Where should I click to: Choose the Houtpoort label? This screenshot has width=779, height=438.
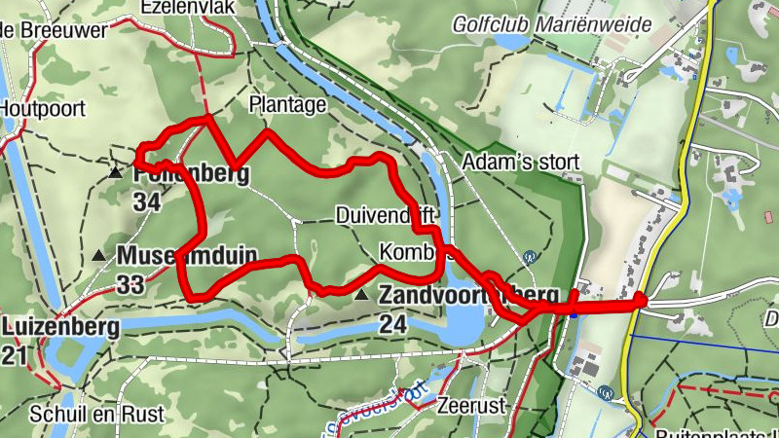43,108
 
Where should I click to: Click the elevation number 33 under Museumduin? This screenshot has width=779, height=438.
130,284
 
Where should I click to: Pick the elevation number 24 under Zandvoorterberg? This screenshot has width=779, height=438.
392,325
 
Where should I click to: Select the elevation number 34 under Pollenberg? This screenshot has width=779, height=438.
147,202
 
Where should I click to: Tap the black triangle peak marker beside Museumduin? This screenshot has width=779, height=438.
99,257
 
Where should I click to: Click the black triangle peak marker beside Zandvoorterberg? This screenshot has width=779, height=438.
362,294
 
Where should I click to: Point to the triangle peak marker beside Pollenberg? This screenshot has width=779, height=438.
115,173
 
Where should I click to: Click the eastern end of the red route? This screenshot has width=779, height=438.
640,300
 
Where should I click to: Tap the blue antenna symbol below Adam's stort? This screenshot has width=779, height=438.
529,258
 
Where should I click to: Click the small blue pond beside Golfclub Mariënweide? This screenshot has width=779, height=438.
510,42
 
